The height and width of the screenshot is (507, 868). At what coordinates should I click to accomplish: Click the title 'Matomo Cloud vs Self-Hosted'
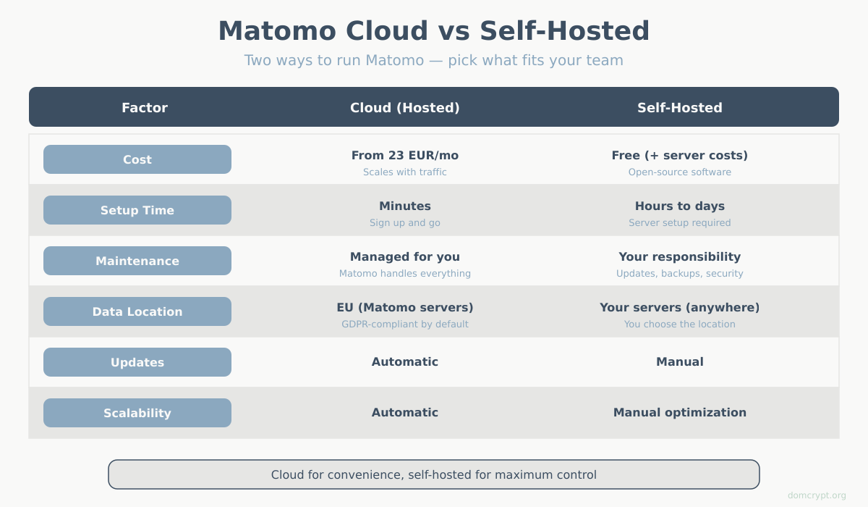[434, 31]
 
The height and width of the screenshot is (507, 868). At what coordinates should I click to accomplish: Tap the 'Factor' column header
[145, 108]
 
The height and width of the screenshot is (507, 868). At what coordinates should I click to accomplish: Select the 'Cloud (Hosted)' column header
[405, 108]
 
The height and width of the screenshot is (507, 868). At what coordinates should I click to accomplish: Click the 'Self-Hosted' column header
[680, 108]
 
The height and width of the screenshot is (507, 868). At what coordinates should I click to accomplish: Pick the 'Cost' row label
[137, 159]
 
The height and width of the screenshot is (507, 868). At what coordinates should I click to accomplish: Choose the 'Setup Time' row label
[137, 210]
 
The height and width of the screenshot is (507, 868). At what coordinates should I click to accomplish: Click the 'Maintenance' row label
[137, 261]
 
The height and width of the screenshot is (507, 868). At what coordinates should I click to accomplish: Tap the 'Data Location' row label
[137, 311]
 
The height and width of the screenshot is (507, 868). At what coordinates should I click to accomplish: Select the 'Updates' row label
[137, 362]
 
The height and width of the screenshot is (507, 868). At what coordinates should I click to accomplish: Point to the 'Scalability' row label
[137, 413]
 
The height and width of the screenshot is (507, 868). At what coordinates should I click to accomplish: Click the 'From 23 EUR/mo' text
[405, 156]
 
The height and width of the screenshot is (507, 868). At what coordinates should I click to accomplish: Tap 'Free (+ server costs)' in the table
[680, 156]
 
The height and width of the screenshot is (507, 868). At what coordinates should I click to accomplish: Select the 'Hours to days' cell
[680, 206]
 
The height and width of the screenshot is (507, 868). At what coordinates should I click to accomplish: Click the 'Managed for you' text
[405, 257]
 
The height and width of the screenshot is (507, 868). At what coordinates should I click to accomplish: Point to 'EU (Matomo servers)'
[405, 308]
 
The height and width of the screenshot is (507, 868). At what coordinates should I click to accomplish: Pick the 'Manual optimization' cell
[680, 413]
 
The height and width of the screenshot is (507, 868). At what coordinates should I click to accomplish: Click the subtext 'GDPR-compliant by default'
[405, 324]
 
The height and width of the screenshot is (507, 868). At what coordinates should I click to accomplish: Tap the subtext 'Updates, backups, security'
[680, 274]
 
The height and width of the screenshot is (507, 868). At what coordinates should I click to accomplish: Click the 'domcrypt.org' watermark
[817, 495]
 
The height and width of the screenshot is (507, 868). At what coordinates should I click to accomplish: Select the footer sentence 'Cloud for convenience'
[434, 475]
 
